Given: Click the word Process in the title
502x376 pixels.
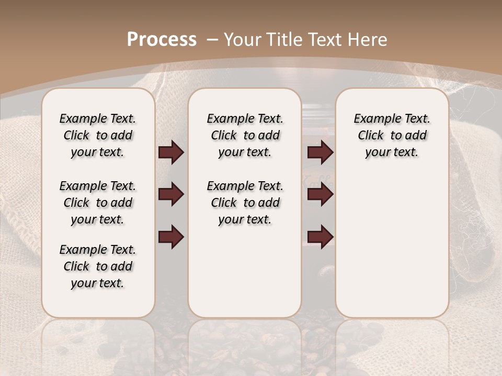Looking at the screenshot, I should point(162,39).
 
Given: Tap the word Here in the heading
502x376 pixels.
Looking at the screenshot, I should point(368,39).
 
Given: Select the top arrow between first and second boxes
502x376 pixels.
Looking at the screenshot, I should point(171,152).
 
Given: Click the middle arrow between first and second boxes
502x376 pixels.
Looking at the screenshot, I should point(171,195).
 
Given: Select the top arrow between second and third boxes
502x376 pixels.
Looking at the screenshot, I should point(320,152).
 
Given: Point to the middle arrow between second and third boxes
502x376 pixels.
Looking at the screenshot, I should point(320,195).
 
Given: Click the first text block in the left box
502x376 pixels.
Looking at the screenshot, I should point(98,135).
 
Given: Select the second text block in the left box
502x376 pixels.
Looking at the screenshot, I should point(98,203).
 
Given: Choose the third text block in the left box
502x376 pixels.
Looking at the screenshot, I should point(98,266).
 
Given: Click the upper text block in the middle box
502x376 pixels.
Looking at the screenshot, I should point(245,135).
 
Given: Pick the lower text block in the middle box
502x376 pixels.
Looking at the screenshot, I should point(245,203).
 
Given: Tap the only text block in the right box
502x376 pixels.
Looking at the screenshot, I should point(392,135).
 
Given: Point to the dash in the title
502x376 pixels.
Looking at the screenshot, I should point(212,40).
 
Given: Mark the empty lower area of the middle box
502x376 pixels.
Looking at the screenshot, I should point(245,272).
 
